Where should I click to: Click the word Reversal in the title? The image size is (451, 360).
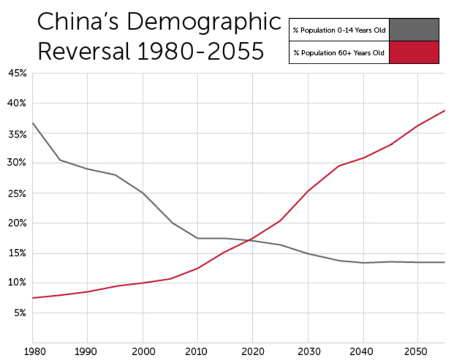pos(85,52)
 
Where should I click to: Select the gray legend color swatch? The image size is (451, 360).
pos(414,30)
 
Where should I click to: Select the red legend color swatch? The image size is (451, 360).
pos(414,52)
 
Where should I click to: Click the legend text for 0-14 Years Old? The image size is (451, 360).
pos(339,30)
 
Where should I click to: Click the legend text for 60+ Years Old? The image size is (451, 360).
pos(339,52)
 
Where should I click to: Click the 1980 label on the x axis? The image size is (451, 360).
pos(32,352)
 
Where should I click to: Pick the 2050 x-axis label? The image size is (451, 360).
pos(417,352)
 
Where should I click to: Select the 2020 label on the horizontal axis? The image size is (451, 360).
pos(252,352)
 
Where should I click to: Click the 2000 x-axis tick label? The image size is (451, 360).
pos(142,352)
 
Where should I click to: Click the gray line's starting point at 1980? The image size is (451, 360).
pos(32,123)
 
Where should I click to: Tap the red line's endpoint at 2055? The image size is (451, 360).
pos(445,111)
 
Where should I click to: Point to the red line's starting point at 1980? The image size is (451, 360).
pos(32,298)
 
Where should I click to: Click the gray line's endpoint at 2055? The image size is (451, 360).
pos(445,262)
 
